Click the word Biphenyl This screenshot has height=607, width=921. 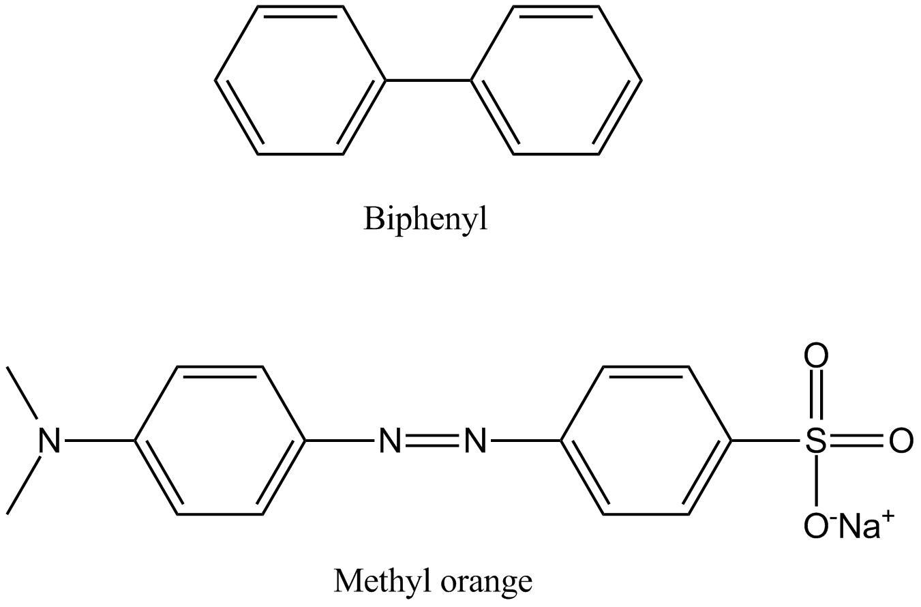pos(425,219)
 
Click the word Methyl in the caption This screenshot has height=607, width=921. pos(381,580)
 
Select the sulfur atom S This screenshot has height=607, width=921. pos(816,441)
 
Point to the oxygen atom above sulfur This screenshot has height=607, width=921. pos(816,356)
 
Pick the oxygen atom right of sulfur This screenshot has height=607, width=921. pos(901,441)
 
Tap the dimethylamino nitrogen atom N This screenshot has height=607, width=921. pos(49,441)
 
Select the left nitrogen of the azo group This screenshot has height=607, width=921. pos(390,441)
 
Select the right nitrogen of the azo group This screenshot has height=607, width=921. pos(475,441)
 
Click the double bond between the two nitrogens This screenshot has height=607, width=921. pos(432,441)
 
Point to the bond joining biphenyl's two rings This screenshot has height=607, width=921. pos(428,80)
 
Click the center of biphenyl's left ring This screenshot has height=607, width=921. pos(300,80)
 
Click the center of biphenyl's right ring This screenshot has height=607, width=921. pos(556,80)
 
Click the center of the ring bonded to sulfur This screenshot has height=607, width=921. pos(646,441)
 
